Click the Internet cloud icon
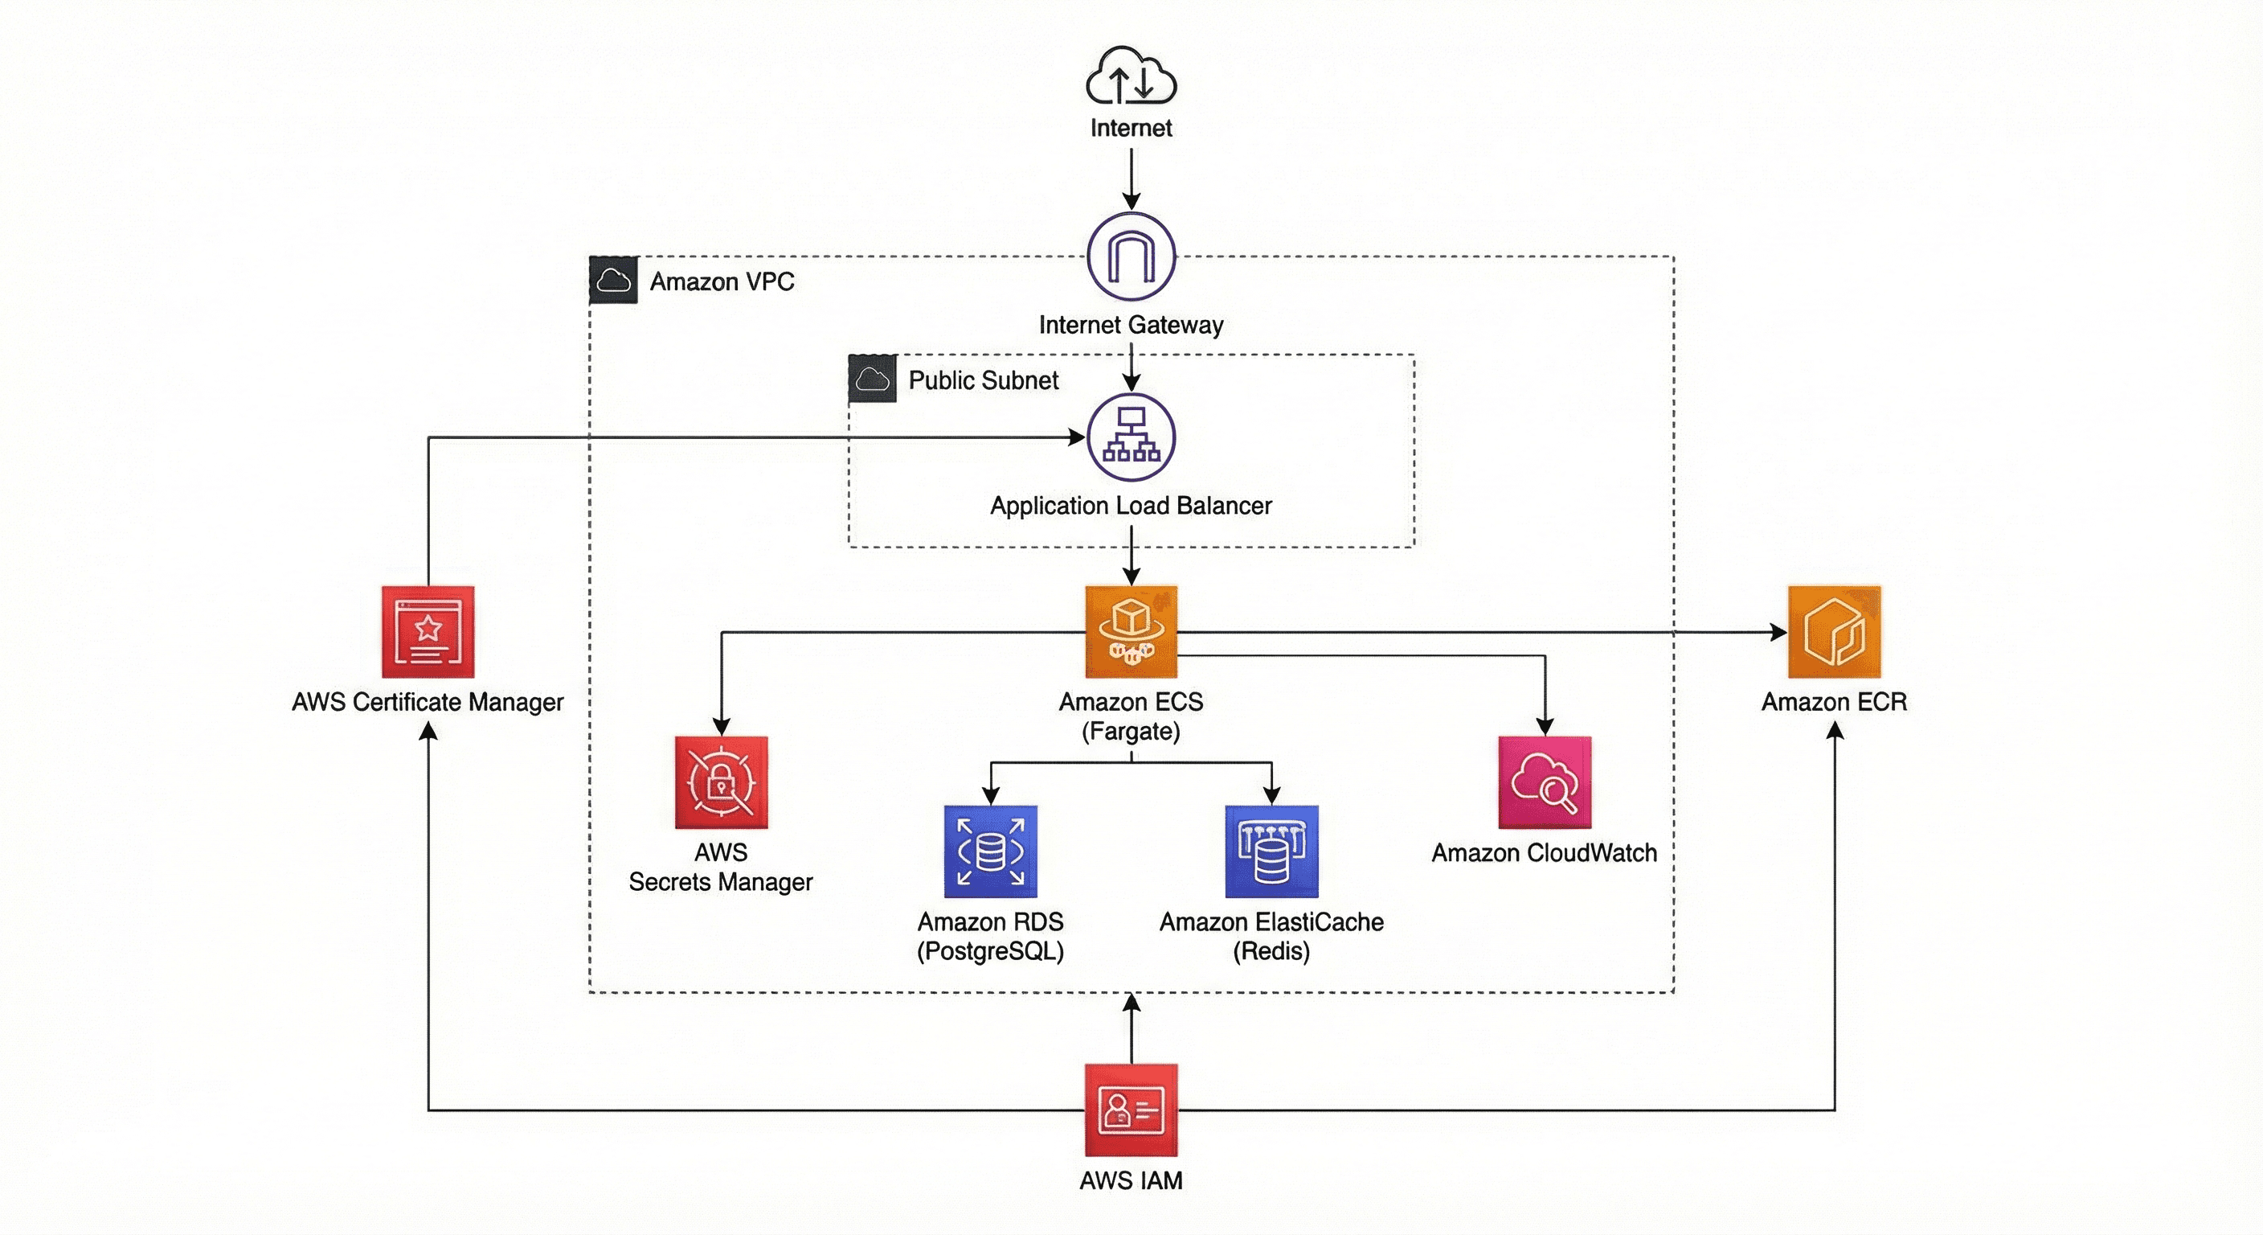tap(1131, 76)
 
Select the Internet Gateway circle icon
tap(1131, 256)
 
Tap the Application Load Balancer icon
tap(1131, 437)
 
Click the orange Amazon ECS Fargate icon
tap(1131, 632)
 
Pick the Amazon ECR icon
tap(1835, 632)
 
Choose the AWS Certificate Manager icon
tap(428, 632)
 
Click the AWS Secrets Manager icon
tap(721, 782)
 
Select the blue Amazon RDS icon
tap(991, 851)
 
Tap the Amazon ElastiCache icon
tap(1271, 851)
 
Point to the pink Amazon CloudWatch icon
tap(1545, 782)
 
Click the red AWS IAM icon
tap(1131, 1110)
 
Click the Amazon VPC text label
tap(722, 281)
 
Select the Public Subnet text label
tap(983, 380)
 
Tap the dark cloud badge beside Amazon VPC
tap(613, 281)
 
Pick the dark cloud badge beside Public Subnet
tap(873, 379)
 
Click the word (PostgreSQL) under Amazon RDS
tap(990, 951)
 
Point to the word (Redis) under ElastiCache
tap(1271, 951)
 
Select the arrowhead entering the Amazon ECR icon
tap(1779, 632)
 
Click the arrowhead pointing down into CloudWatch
tap(1545, 726)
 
